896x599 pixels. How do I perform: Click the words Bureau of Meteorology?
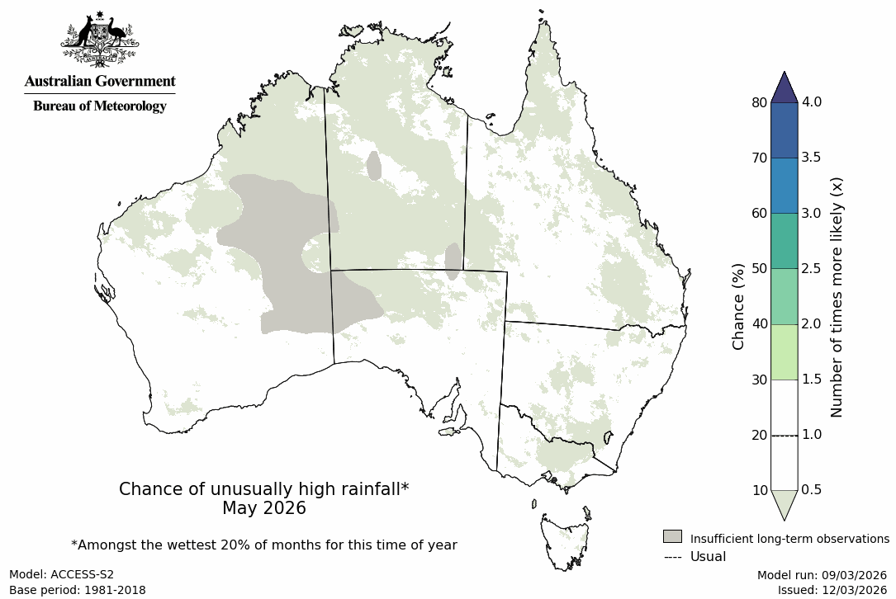[99, 106]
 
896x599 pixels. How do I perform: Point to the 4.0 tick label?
[812, 102]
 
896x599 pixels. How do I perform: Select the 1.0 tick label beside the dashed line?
[812, 435]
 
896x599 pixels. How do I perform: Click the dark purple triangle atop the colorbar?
[784, 87]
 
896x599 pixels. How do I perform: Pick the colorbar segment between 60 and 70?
[784, 186]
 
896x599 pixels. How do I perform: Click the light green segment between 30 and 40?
[784, 351]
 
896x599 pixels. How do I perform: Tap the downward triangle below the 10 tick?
[784, 502]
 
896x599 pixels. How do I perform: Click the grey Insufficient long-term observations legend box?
[672, 537]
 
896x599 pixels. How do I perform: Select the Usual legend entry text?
[708, 557]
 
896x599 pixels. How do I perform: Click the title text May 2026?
[263, 508]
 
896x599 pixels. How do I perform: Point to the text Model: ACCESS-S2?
[61, 575]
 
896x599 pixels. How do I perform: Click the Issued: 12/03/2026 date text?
[832, 590]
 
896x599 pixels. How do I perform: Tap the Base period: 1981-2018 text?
[77, 590]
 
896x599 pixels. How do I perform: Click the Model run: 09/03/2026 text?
[822, 575]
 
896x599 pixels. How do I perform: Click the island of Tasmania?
[566, 540]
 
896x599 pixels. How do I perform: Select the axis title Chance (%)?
[738, 306]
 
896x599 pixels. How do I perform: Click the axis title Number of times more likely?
[837, 296]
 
